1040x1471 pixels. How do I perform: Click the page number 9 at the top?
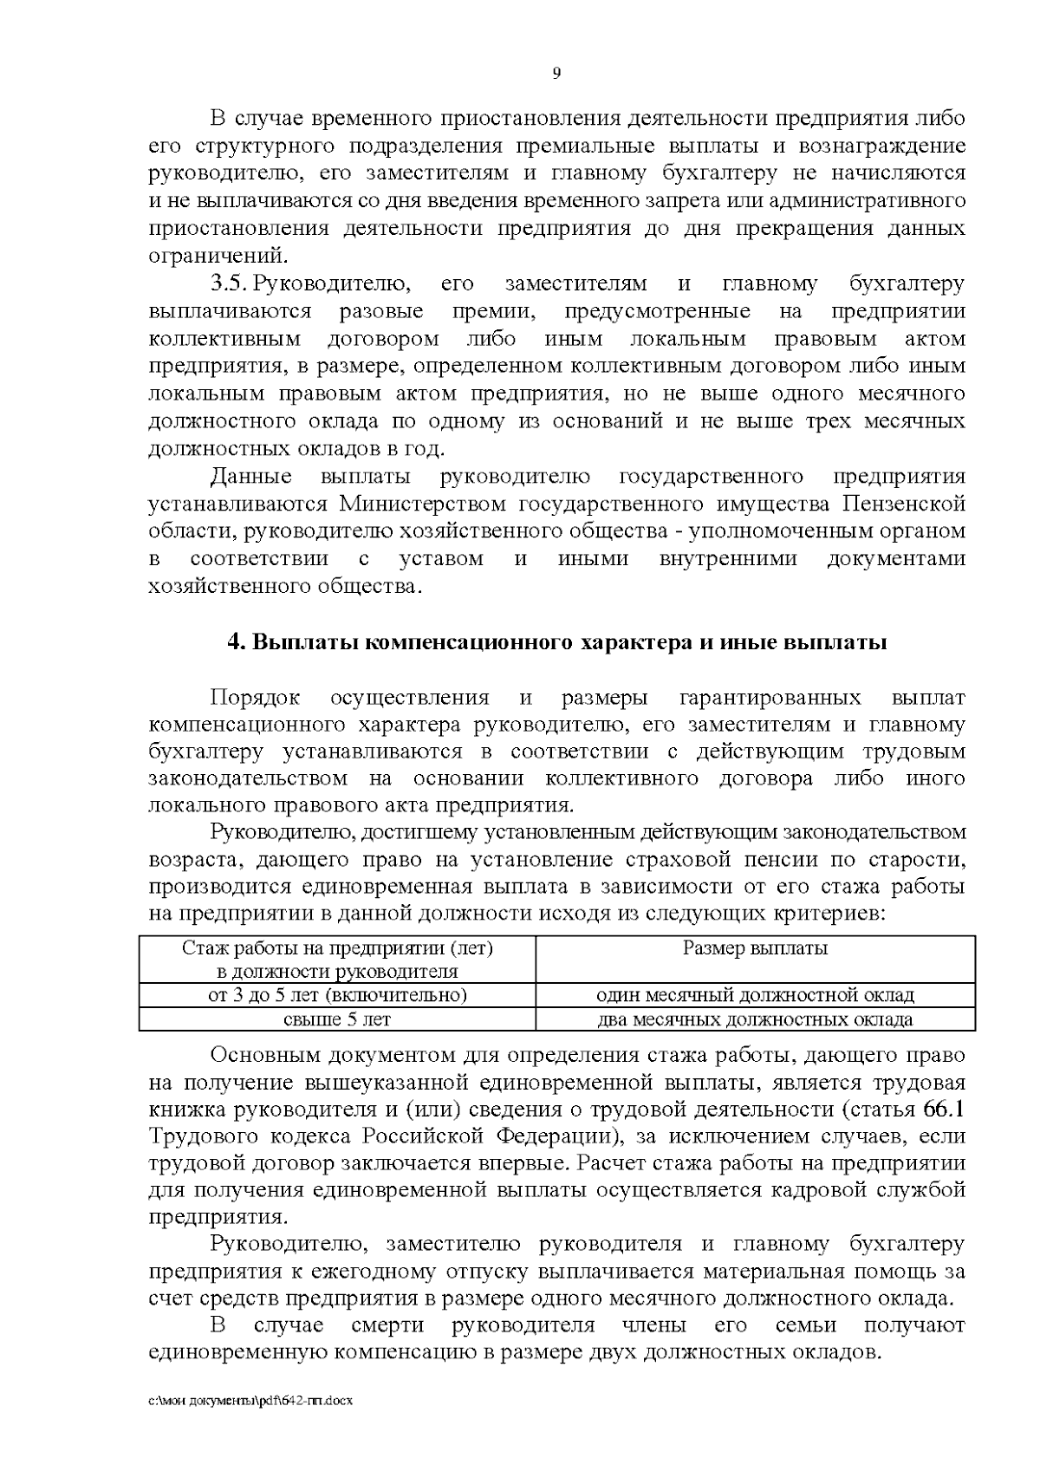click(x=556, y=74)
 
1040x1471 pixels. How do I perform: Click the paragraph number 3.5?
click(x=231, y=283)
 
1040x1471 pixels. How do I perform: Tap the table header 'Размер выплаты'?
click(x=755, y=947)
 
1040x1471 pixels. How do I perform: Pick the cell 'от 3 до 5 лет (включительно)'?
click(x=337, y=994)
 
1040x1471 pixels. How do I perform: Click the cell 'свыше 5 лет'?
click(x=337, y=1019)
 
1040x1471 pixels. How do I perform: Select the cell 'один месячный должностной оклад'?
click(x=755, y=994)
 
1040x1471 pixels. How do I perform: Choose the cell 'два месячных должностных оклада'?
click(x=755, y=1019)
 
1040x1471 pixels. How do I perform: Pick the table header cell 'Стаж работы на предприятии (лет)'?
click(x=337, y=947)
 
